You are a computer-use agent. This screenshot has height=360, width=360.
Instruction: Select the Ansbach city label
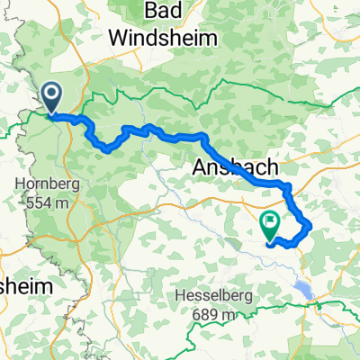[235, 166]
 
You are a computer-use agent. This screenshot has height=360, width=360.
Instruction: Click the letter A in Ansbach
[201, 166]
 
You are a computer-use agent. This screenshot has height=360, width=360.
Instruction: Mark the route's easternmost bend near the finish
[310, 224]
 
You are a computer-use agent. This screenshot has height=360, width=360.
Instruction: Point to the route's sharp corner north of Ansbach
[205, 138]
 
